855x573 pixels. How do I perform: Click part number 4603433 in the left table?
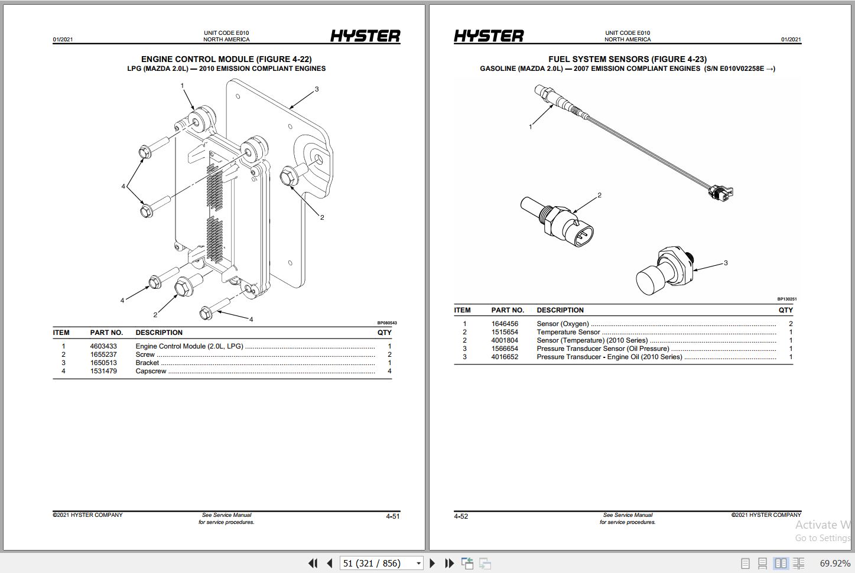(103, 346)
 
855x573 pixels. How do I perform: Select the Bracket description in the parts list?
(147, 363)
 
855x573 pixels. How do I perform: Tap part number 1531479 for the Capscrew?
(103, 371)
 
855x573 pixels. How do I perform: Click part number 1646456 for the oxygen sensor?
(505, 324)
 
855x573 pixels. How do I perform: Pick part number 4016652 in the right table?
(505, 357)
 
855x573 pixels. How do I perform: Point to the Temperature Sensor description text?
(568, 332)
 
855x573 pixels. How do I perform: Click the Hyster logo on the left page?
(365, 36)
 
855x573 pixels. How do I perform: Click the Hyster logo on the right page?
(489, 36)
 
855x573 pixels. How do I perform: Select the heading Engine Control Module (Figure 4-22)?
(226, 59)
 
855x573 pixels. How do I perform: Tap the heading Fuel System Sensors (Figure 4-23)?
(627, 59)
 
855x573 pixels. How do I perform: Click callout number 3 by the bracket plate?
(317, 89)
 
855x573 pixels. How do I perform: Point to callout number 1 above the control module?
(182, 86)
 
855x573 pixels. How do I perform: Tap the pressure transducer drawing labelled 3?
(665, 271)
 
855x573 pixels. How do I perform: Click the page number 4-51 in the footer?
(393, 516)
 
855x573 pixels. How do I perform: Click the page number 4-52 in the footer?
(461, 516)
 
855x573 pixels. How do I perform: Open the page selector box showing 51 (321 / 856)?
(382, 563)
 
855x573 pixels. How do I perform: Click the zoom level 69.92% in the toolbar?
(834, 563)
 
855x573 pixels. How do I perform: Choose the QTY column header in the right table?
(785, 310)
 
